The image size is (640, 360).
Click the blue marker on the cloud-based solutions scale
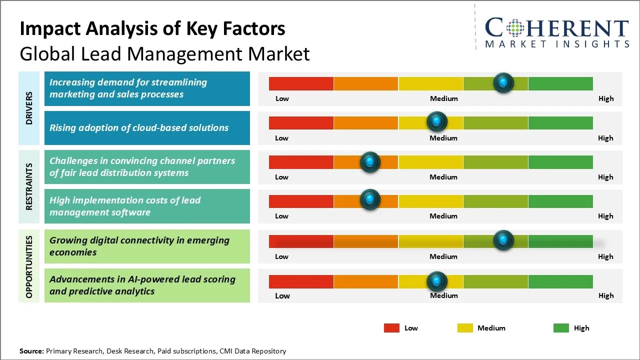(437, 121)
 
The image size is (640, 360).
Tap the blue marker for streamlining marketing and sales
(503, 82)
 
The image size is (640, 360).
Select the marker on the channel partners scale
(370, 162)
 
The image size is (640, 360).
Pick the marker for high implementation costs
(370, 199)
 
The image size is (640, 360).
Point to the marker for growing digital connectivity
(503, 240)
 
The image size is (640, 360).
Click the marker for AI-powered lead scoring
(437, 281)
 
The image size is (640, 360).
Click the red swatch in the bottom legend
(391, 328)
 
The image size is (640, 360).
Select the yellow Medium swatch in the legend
(465, 328)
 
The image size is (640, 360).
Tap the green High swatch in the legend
(561, 328)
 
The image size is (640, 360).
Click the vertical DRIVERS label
(29, 108)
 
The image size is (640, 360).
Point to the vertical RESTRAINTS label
(29, 186)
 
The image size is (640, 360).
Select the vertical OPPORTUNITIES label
(29, 266)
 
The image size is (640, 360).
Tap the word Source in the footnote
(31, 351)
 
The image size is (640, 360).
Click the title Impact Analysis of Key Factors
(152, 29)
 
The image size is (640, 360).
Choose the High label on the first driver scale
(606, 98)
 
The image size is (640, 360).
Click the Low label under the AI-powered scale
(282, 295)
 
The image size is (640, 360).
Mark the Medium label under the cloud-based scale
(443, 138)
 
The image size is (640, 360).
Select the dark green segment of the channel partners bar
(560, 162)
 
